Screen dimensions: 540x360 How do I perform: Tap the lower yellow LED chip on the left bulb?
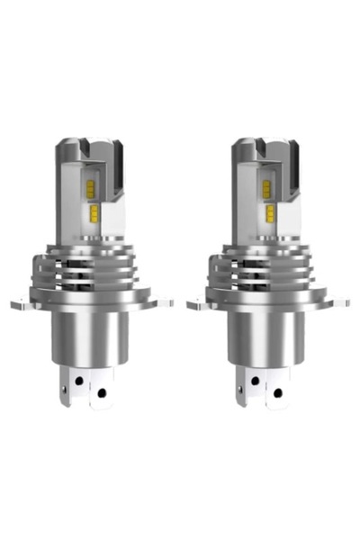click(93, 212)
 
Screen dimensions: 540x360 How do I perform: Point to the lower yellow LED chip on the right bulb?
click(269, 212)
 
